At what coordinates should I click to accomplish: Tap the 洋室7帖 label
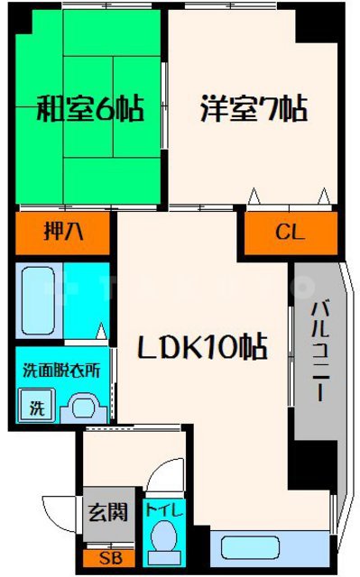(254, 110)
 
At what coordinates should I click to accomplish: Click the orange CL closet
(290, 234)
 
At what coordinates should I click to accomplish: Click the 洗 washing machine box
(37, 407)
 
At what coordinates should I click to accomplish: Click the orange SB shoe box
(108, 559)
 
